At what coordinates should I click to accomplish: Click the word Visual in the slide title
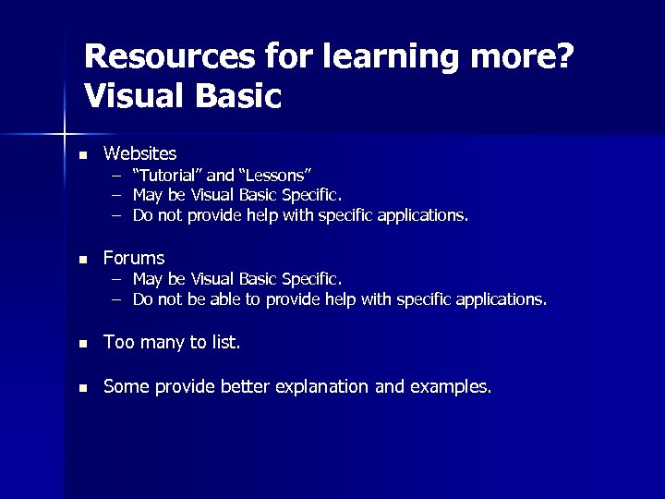127,95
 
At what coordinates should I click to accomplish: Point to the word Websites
139,152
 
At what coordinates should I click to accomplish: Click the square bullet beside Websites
82,153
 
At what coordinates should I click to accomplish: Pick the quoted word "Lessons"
276,175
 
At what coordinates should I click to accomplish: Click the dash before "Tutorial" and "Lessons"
117,175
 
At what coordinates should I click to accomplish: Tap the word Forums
134,258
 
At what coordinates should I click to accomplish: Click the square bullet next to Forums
82,259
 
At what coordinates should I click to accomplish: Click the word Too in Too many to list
118,343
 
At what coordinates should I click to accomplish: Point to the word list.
225,343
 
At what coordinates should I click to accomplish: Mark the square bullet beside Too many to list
82,344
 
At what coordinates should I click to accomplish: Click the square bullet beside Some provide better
82,388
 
